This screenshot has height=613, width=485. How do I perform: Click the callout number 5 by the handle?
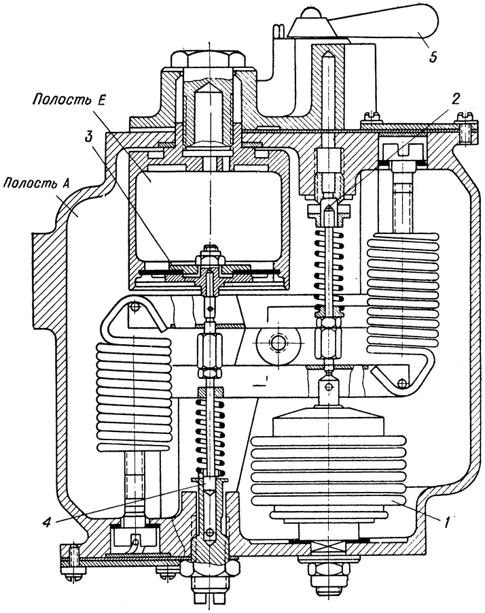coord(432,56)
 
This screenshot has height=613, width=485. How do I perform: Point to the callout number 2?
coord(455,99)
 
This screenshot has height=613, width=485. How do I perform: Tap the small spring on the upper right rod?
coord(329,269)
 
